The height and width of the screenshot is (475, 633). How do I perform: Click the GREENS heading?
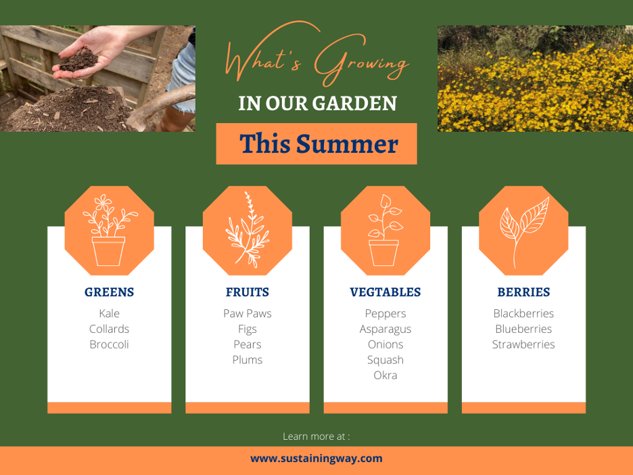(x=109, y=292)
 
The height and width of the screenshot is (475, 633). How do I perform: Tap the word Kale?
(x=109, y=313)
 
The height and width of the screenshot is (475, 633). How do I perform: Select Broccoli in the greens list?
(x=109, y=344)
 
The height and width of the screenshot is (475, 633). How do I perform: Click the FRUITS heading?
(x=247, y=292)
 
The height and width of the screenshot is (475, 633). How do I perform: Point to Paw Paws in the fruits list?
(x=247, y=313)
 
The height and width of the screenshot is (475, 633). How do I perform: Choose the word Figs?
(x=247, y=330)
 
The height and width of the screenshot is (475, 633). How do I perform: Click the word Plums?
(x=247, y=360)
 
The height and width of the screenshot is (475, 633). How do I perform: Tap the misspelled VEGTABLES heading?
(x=385, y=292)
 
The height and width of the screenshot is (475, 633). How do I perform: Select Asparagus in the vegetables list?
(x=385, y=330)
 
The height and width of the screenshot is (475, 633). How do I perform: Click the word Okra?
(x=385, y=376)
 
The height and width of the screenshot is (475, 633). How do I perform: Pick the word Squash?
(x=385, y=360)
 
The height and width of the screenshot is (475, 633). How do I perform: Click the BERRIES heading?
(x=523, y=292)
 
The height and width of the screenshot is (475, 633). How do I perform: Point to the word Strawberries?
(x=523, y=344)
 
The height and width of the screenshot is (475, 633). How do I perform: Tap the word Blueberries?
(x=523, y=330)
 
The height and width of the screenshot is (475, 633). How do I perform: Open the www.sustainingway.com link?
(x=316, y=459)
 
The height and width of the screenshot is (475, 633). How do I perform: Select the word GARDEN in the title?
(x=354, y=104)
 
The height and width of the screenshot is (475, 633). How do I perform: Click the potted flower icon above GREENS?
(x=109, y=230)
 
